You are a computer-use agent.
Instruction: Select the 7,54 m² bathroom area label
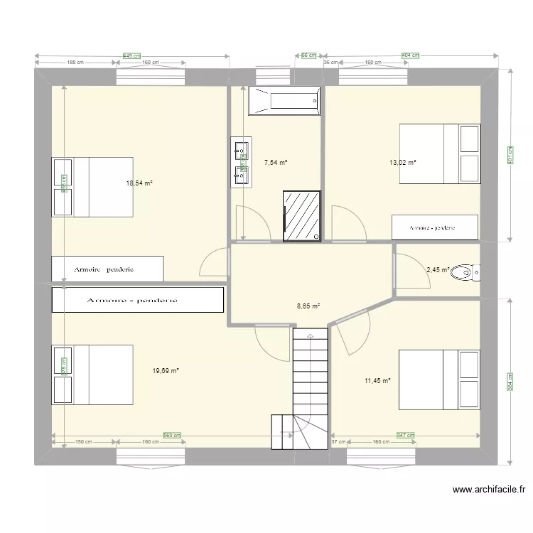275,163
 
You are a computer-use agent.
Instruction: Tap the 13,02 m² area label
402,162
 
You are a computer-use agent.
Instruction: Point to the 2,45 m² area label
438,269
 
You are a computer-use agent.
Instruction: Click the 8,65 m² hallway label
308,306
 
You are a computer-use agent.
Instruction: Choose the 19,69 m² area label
166,370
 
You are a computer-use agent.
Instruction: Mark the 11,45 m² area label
377,381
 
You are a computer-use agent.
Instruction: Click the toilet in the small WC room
467,271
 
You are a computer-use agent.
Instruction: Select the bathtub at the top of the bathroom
284,102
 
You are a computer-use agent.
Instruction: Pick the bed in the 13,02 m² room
438,154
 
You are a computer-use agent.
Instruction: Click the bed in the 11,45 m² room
438,379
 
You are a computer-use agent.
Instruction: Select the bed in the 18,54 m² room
92,187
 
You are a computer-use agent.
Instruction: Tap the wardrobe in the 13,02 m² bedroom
434,227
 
